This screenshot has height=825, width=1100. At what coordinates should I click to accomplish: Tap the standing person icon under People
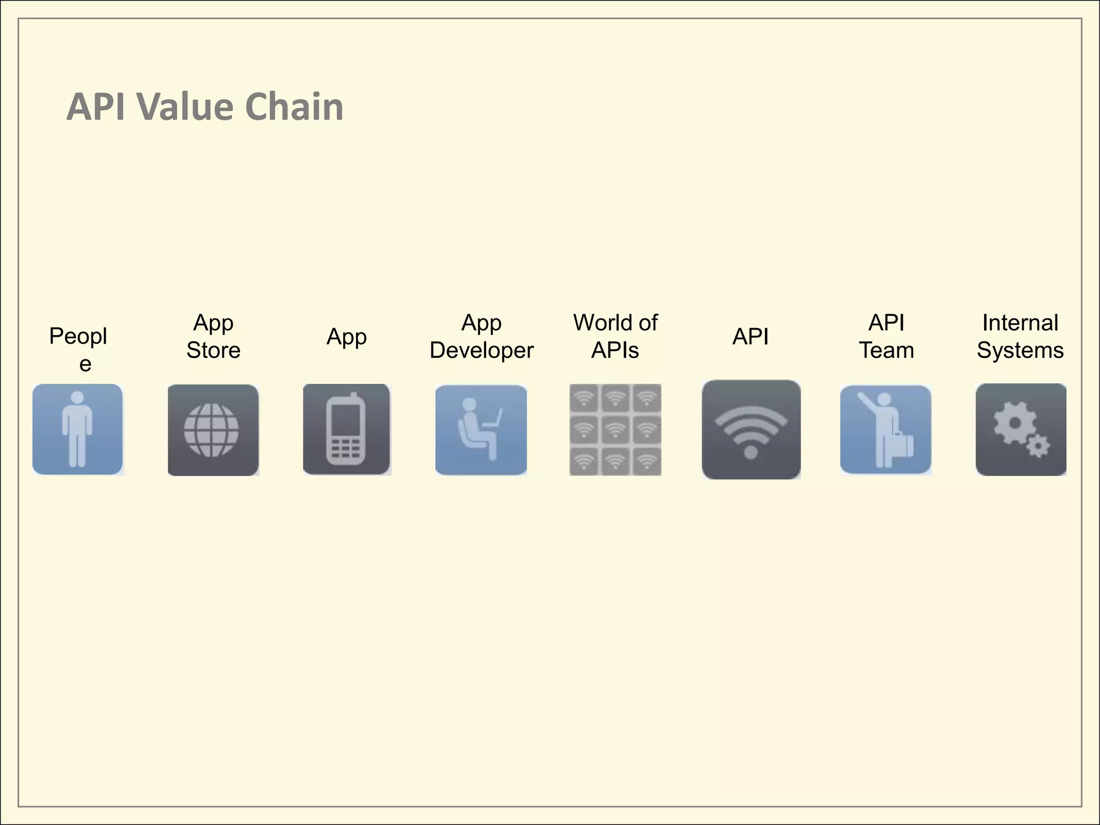(77, 429)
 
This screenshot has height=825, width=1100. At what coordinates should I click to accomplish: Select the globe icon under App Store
(213, 430)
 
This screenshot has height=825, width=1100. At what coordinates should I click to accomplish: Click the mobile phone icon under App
(346, 429)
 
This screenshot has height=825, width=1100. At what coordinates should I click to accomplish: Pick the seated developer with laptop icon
(481, 430)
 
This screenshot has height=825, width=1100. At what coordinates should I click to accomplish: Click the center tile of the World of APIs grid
(615, 429)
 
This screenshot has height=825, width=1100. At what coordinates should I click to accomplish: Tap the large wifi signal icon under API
(751, 429)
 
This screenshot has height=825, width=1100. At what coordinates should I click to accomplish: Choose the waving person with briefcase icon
(886, 429)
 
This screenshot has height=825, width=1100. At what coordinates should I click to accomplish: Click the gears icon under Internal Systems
(1021, 429)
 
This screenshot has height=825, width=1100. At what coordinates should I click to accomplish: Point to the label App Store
(213, 336)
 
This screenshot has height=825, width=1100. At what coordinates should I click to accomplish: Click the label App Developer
(481, 336)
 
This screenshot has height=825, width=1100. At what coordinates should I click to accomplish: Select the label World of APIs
(615, 336)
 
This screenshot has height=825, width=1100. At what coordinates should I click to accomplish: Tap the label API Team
(886, 336)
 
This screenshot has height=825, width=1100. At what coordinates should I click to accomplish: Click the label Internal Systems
(1020, 336)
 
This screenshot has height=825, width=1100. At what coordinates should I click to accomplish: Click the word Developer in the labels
(481, 350)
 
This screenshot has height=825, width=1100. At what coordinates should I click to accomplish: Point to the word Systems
(1020, 350)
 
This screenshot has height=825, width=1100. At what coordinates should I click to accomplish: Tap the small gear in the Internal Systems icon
(1038, 446)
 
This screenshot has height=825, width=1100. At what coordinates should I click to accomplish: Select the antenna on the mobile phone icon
(354, 397)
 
